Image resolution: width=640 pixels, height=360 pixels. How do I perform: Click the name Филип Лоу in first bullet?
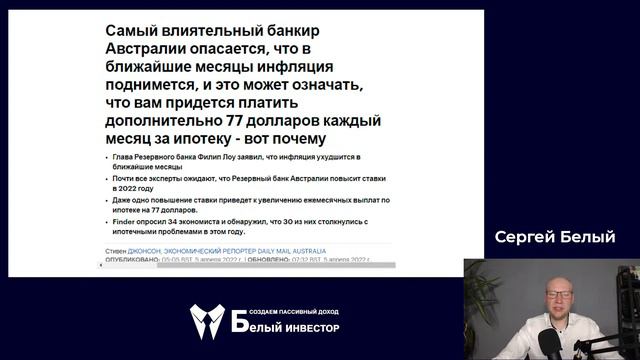(x=226, y=158)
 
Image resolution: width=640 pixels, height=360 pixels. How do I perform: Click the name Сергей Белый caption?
(x=554, y=237)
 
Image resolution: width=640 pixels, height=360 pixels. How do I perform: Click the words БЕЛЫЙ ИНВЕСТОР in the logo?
(x=285, y=328)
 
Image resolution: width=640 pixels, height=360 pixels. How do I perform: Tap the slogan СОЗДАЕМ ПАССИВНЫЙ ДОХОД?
(x=285, y=310)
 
